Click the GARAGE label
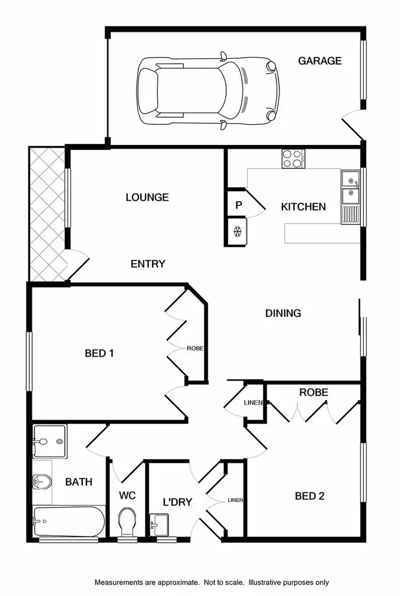(x=319, y=61)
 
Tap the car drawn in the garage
(x=209, y=91)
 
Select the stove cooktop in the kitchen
(x=293, y=158)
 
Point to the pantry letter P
(x=238, y=205)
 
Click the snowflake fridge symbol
(x=238, y=232)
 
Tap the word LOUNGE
(x=147, y=197)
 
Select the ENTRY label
(x=148, y=264)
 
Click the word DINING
(x=283, y=313)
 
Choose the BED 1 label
(x=99, y=353)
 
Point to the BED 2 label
(x=310, y=496)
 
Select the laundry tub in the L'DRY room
(x=159, y=524)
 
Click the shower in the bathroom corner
(x=50, y=441)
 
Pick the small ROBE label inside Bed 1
(x=195, y=349)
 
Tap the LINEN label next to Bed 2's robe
(x=253, y=402)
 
